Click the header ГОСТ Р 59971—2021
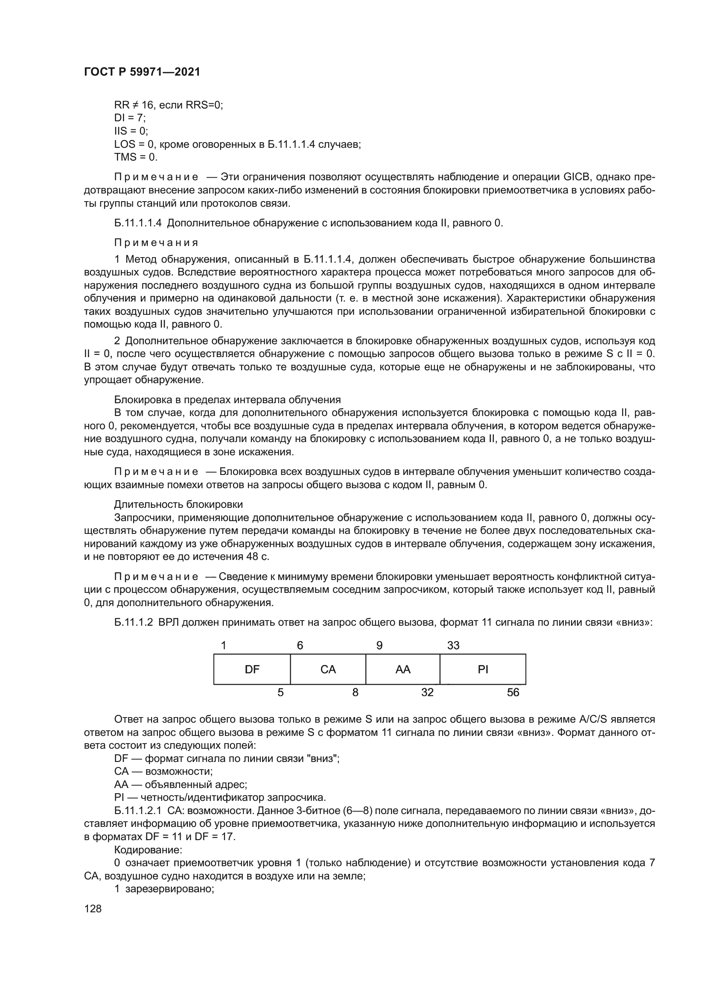[142, 72]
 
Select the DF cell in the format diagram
[252, 669]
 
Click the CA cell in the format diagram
[328, 669]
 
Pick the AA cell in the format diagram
[403, 669]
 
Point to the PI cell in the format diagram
[483, 669]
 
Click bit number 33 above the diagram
[453, 646]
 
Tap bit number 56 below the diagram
[513, 692]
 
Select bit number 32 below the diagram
[427, 692]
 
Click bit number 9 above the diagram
[379, 646]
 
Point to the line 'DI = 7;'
[130, 118]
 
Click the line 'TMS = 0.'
[136, 157]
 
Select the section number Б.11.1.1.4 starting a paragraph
[138, 223]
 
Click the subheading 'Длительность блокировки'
[178, 505]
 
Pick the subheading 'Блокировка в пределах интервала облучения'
[228, 400]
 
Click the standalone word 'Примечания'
[156, 243]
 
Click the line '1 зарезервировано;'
[164, 889]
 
